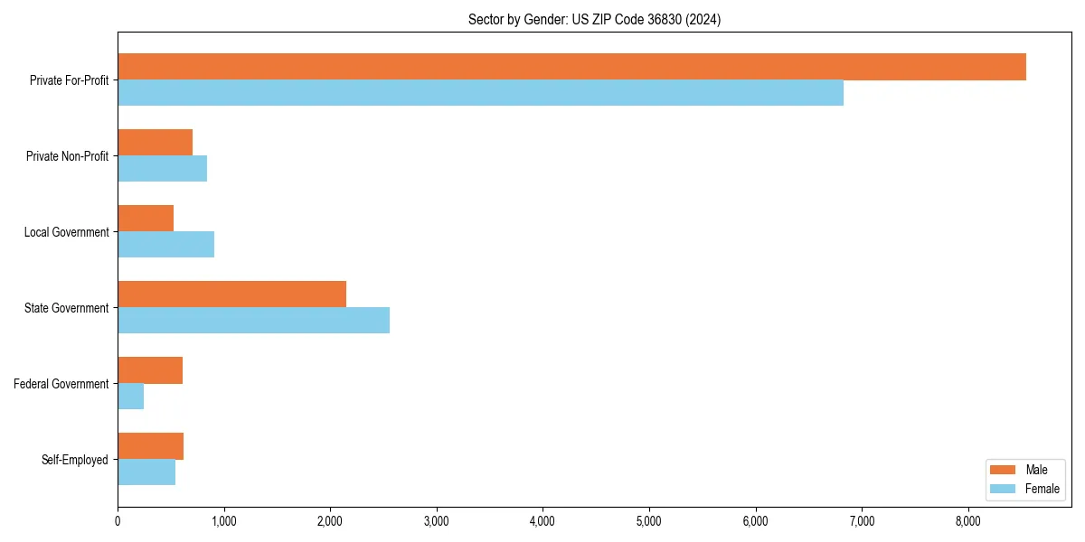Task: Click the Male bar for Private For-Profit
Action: point(571,67)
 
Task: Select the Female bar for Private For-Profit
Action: point(480,93)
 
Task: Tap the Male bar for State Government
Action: point(231,294)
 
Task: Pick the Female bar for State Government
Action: point(253,321)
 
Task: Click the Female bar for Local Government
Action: point(165,245)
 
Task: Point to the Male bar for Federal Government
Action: point(150,370)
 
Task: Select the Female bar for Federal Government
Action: point(130,397)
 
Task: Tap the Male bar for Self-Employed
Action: point(150,446)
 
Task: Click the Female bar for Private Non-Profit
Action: point(162,169)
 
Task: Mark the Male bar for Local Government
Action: point(146,219)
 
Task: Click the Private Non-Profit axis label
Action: point(67,156)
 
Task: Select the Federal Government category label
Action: point(61,384)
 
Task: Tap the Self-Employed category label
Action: point(74,460)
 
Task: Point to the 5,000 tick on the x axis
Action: point(649,521)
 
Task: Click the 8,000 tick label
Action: point(968,521)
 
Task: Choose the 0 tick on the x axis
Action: point(118,521)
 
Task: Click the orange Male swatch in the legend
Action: point(1004,470)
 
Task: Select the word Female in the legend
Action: point(1042,489)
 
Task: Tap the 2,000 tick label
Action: point(330,521)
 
